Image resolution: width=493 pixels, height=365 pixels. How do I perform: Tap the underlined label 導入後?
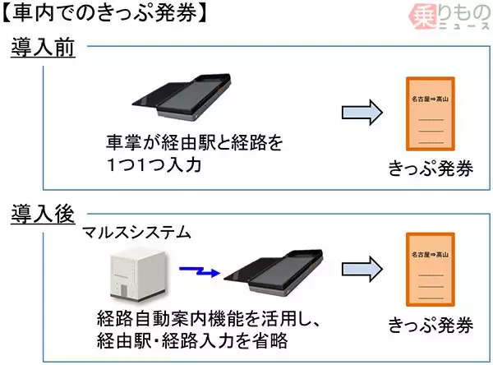[43, 215]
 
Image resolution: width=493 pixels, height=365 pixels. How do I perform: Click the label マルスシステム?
[137, 233]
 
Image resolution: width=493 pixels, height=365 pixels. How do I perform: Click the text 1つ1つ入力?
[153, 164]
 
